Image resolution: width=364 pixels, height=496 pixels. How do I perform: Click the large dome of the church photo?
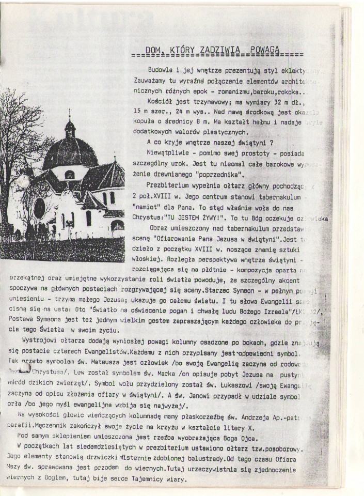[70, 153]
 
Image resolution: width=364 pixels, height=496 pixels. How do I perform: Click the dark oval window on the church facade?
[39, 208]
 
